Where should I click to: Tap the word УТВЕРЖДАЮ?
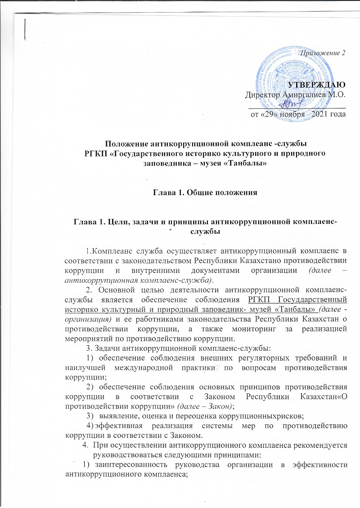pyautogui.click(x=317, y=85)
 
